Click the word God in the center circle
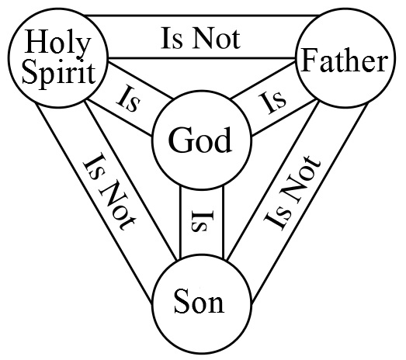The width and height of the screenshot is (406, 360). pos(200,139)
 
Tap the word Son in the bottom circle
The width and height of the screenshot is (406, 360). pos(199,301)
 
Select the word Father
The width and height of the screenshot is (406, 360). pos(345,60)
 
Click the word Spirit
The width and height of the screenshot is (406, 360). pos(58,73)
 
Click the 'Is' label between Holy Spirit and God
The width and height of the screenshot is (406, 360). pos(129,100)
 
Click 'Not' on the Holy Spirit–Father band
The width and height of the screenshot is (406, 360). pos(217,39)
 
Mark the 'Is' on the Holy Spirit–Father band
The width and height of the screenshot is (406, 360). pos(172,39)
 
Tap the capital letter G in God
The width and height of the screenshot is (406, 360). pos(179,139)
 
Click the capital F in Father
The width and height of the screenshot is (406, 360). pos(310,60)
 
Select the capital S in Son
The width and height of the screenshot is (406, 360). pos(181,301)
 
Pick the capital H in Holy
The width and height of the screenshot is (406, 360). pos(36,41)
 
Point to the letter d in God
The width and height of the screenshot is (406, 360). pos(222,139)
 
